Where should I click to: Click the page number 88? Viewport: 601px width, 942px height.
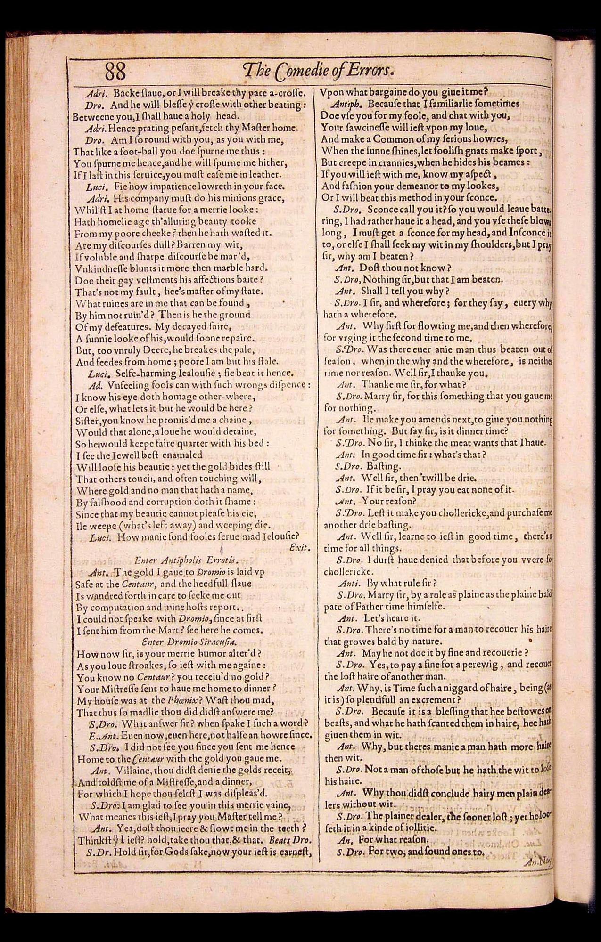pos(115,72)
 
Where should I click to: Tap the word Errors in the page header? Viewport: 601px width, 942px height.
pos(373,71)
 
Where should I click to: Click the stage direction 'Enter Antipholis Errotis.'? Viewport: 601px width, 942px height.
pos(186,560)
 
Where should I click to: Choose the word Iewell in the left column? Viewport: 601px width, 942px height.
pos(125,455)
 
